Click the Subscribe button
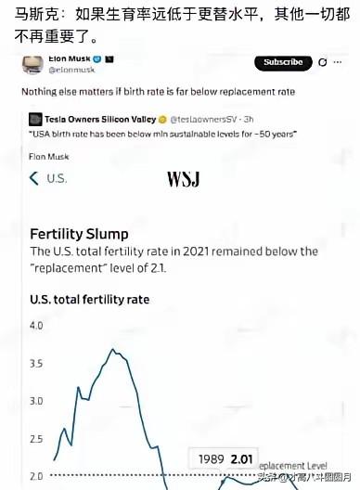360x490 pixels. [x=283, y=62]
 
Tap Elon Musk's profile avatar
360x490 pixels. [x=33, y=64]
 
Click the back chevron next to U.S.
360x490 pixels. [x=34, y=178]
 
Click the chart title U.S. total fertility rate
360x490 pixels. [x=90, y=300]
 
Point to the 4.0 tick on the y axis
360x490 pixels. [x=37, y=326]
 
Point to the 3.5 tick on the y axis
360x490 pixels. [x=37, y=364]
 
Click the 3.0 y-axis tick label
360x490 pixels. [x=37, y=401]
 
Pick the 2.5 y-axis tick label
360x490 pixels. [x=37, y=438]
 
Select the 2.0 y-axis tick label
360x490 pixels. [x=37, y=475]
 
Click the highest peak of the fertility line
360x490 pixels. [x=112, y=350]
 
